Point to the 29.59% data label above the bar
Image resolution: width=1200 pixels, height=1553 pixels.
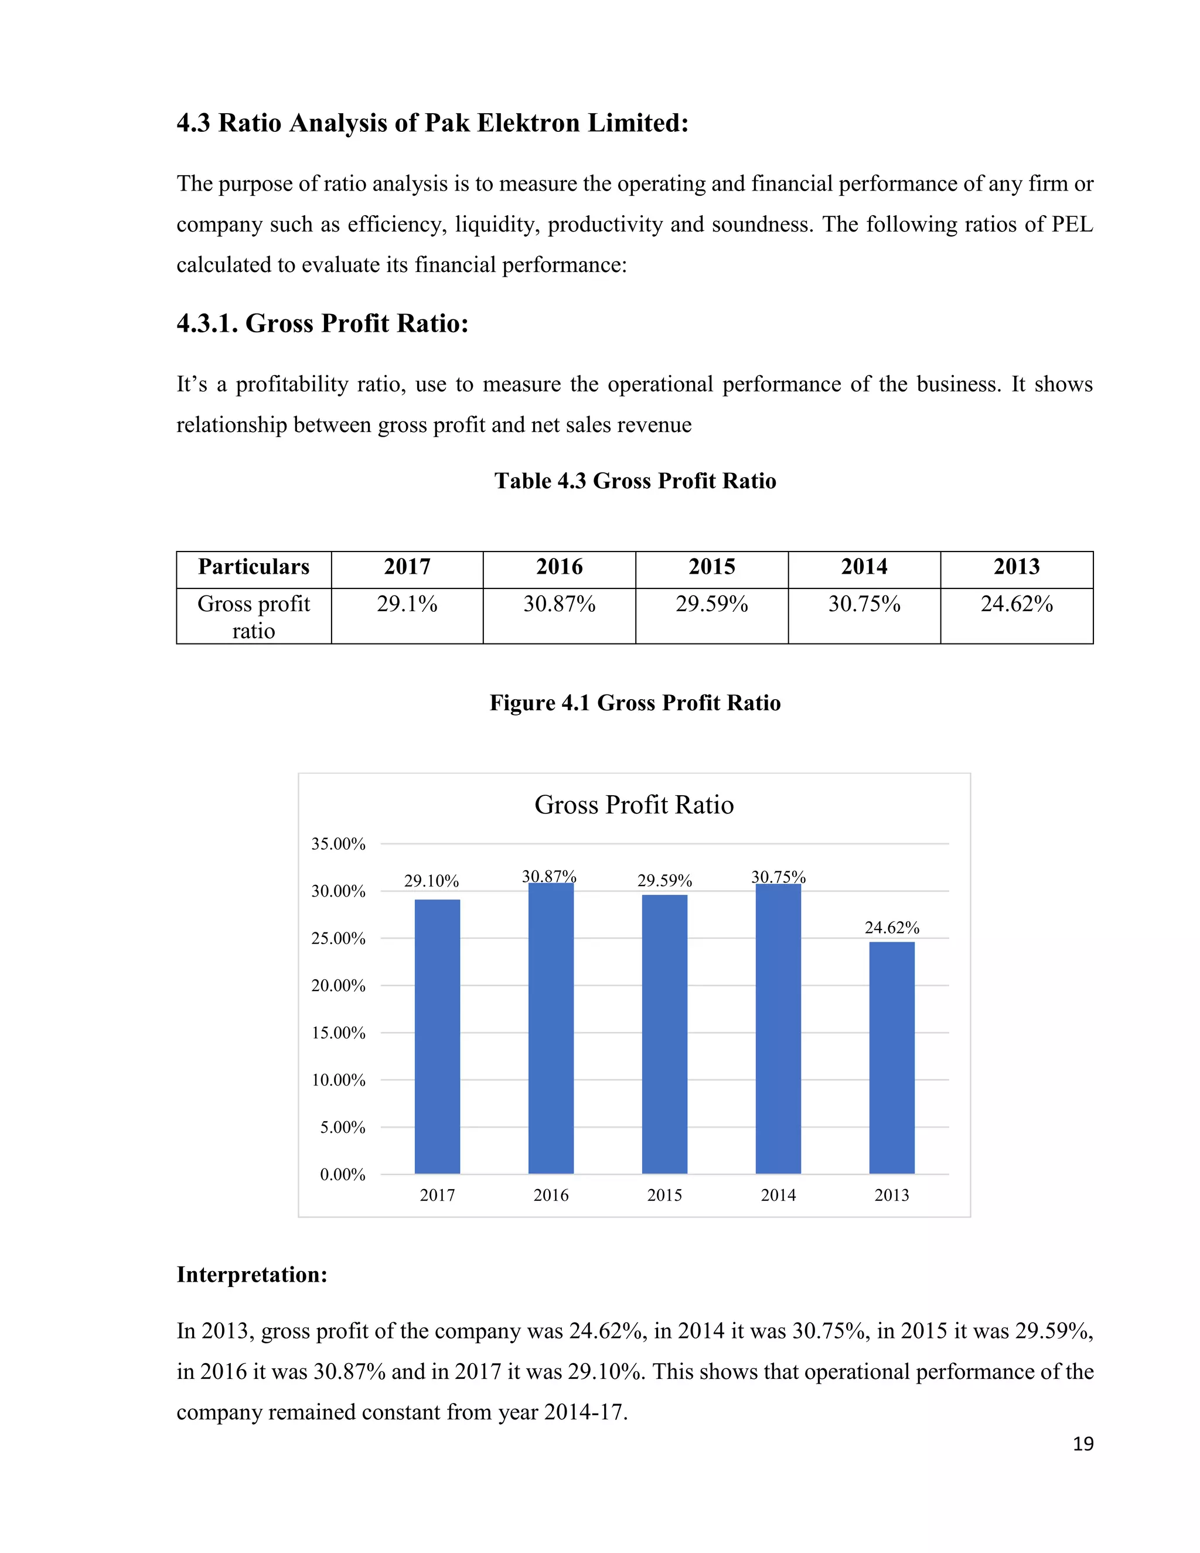click(664, 881)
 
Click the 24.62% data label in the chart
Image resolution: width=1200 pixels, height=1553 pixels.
click(891, 927)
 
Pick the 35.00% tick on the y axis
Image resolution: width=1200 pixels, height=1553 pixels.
click(339, 844)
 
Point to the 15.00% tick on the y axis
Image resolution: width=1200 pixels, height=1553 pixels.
click(339, 1033)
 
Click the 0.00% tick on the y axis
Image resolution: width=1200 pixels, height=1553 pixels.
click(343, 1174)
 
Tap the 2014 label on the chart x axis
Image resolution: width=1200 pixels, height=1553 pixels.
click(778, 1196)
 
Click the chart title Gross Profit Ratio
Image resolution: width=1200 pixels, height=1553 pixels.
click(633, 805)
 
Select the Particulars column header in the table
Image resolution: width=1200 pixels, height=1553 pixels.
click(254, 567)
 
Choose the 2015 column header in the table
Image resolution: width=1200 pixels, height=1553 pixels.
click(711, 567)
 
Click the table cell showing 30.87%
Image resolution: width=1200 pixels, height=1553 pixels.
click(560, 604)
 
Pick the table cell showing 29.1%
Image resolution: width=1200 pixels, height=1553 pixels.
click(407, 604)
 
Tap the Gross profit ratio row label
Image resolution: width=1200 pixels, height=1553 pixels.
click(254, 617)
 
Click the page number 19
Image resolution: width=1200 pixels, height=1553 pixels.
click(1083, 1444)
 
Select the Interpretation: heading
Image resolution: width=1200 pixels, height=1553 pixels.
click(251, 1274)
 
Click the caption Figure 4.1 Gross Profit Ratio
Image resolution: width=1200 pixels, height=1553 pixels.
click(635, 703)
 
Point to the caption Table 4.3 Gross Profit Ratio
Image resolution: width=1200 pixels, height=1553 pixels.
click(635, 481)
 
